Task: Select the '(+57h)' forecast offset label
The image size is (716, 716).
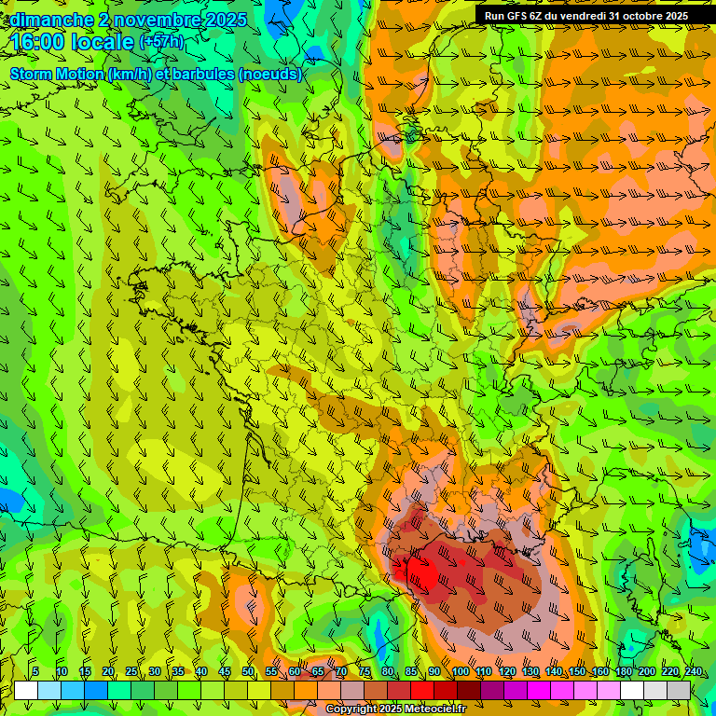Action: click(161, 42)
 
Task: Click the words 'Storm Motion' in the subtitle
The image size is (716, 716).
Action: click(56, 75)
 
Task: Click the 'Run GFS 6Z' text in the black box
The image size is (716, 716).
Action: click(513, 16)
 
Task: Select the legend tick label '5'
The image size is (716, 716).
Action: click(35, 672)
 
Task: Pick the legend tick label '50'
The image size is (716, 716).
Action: click(248, 672)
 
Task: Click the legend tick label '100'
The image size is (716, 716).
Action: click(460, 672)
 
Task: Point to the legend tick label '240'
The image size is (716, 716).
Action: click(693, 672)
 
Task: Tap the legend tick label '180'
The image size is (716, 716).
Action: click(623, 672)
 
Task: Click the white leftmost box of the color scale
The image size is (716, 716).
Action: click(26, 690)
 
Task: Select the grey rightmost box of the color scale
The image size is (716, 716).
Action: click(679, 690)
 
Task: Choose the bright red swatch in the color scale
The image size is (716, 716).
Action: click(422, 690)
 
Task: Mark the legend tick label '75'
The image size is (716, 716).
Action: click(365, 672)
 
